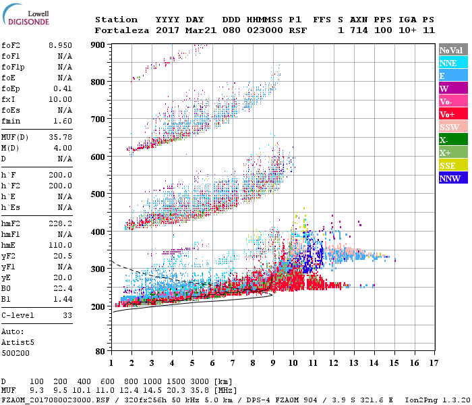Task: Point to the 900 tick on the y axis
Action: click(98, 45)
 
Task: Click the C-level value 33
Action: click(67, 315)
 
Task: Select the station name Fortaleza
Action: click(122, 30)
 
